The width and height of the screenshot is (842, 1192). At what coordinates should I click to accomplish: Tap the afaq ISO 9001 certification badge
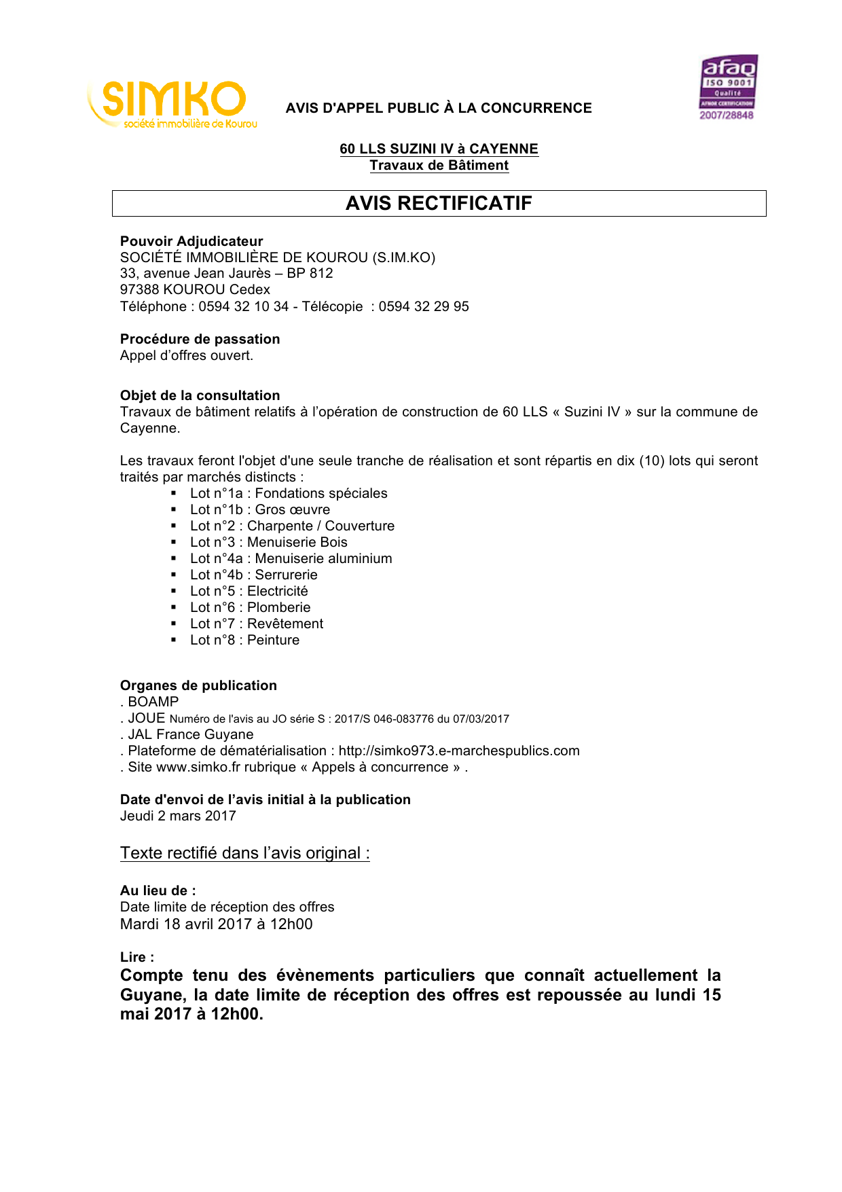tap(727, 87)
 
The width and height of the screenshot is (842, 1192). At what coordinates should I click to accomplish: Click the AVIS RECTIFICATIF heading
tap(439, 203)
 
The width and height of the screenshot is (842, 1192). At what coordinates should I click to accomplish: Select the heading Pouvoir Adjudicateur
tap(191, 241)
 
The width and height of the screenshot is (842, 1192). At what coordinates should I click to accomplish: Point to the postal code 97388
tap(139, 289)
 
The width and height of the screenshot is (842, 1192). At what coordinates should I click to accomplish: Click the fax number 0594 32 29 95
tap(424, 306)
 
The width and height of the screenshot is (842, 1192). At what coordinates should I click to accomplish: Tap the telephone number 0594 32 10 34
tap(244, 306)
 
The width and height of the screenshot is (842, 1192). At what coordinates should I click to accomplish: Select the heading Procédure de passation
tap(200, 339)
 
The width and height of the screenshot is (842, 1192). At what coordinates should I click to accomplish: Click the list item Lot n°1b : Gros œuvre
tap(260, 509)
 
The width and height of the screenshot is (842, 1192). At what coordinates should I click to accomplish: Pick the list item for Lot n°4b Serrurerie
tap(254, 575)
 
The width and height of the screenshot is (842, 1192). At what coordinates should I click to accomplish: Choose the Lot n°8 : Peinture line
tap(244, 640)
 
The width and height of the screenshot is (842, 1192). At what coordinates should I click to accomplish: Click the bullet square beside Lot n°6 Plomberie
tap(174, 607)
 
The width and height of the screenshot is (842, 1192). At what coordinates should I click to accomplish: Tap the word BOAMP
tap(153, 702)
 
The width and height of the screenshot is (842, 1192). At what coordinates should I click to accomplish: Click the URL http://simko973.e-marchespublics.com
tap(459, 751)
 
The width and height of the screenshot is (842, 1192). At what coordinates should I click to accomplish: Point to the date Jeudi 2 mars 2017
tap(178, 816)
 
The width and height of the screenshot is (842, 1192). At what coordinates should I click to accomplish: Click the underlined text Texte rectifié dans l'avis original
tap(244, 853)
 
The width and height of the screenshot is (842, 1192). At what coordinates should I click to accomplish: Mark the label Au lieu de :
tap(158, 890)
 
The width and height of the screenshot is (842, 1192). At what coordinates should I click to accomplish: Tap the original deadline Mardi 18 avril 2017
tap(186, 924)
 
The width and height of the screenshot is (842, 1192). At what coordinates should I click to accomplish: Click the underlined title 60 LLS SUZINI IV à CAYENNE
tap(439, 149)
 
